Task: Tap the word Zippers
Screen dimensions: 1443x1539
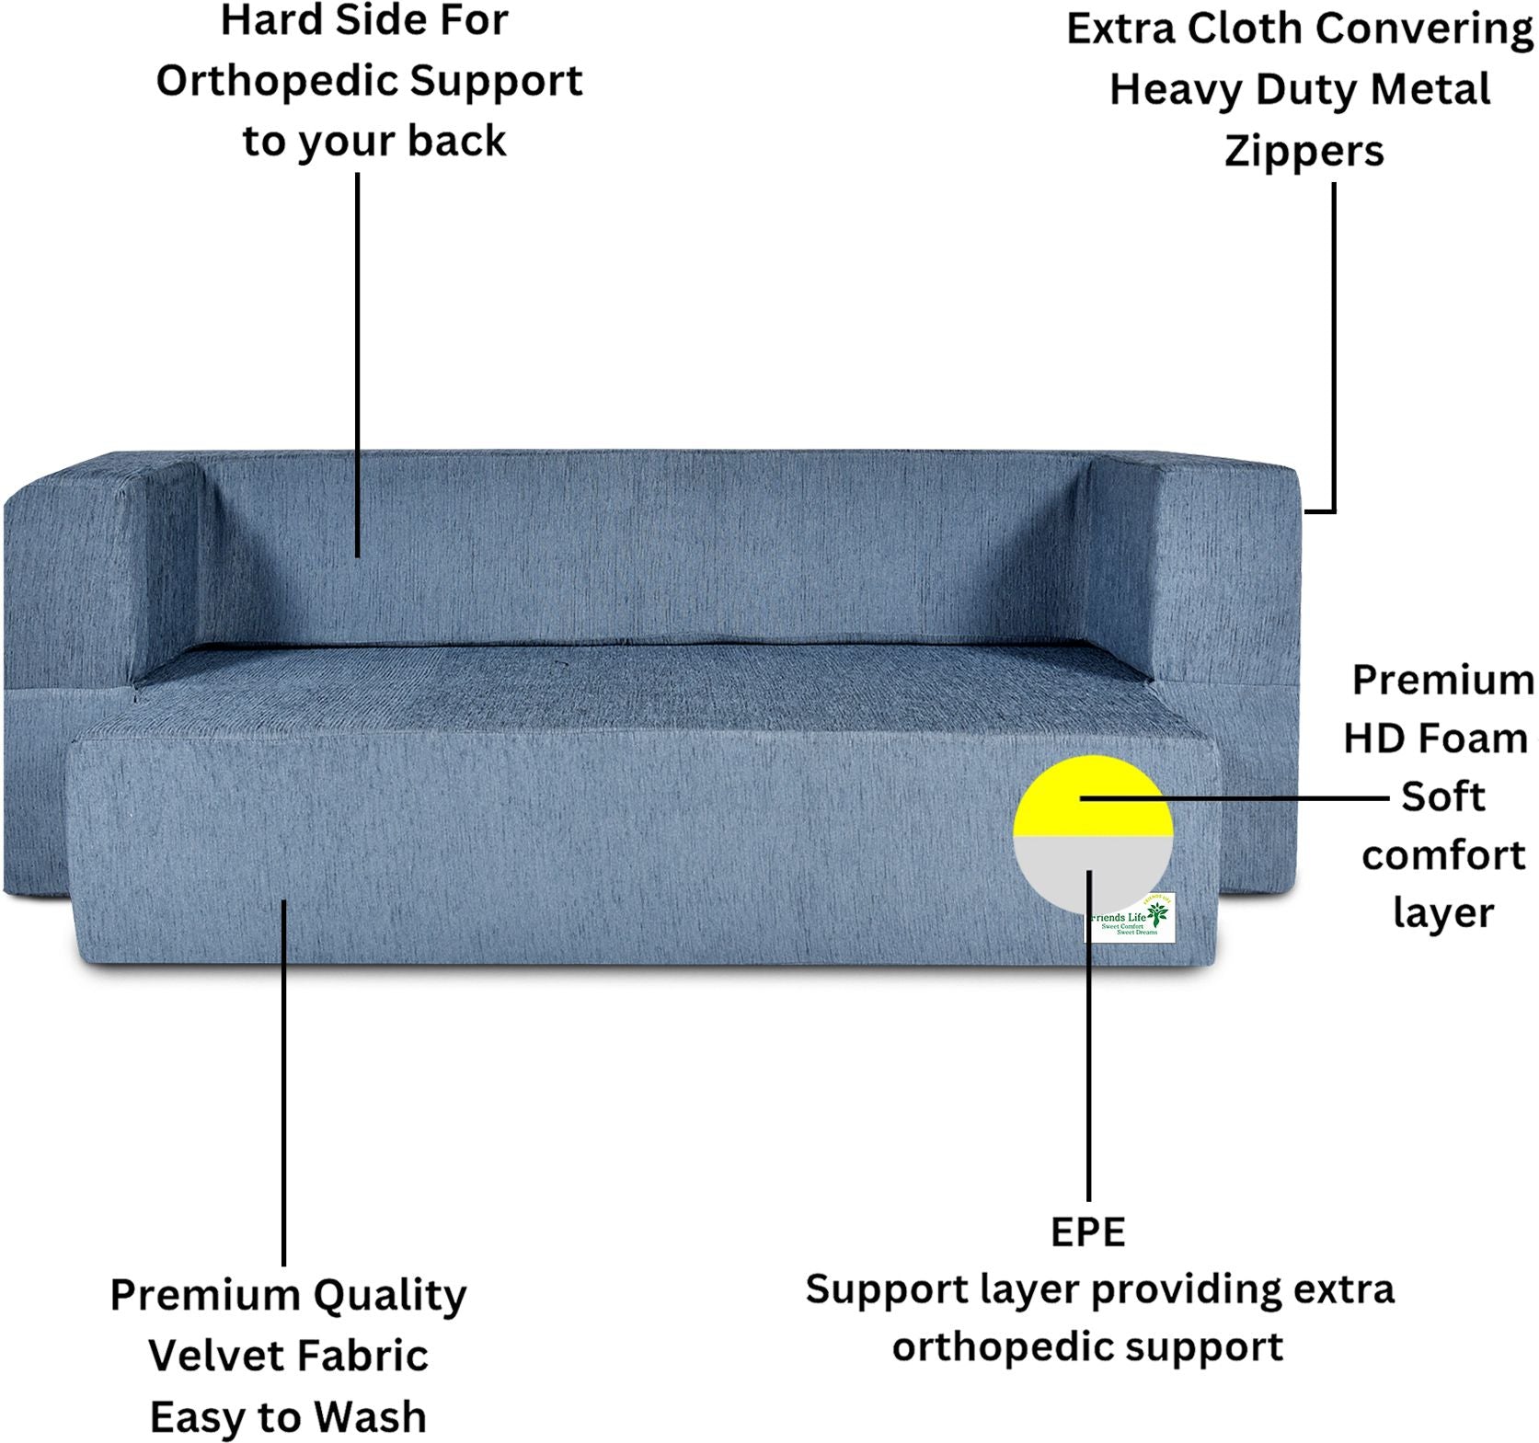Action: pos(1304,152)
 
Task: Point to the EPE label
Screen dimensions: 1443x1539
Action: pos(1087,1232)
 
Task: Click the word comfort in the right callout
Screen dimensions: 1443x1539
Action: pos(1442,856)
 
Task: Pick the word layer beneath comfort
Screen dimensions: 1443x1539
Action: pos(1442,914)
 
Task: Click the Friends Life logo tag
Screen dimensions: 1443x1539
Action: pos(1132,919)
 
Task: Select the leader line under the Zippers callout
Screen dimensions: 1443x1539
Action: pos(1334,349)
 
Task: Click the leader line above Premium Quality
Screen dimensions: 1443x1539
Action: pos(283,1085)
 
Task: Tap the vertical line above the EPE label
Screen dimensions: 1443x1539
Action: pos(1088,1058)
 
